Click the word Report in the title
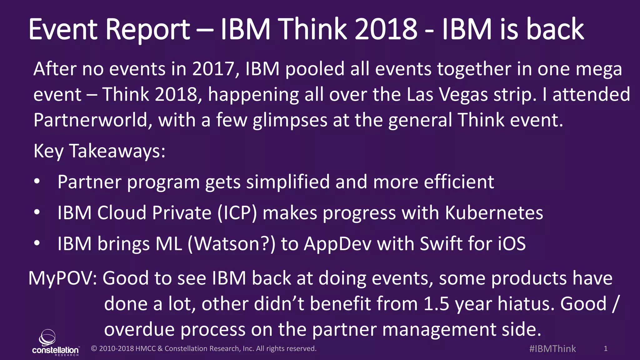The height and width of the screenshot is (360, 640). coord(147,30)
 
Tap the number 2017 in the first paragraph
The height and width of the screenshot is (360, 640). coord(213,69)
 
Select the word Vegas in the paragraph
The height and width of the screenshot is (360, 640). coord(464,95)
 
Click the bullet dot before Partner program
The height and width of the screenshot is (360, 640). coord(37,182)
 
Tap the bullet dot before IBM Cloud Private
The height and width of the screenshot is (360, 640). coord(37,212)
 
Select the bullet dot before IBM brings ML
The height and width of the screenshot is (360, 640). coord(37,243)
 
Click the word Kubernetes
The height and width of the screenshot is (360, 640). coord(494,213)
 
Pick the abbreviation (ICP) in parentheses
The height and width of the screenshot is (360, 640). coord(237,213)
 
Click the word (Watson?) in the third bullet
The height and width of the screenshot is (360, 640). coord(231,244)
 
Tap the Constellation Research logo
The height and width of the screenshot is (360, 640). coord(55,342)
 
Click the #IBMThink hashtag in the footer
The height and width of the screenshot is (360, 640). coord(552,349)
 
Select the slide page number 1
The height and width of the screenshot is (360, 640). coord(606,349)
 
